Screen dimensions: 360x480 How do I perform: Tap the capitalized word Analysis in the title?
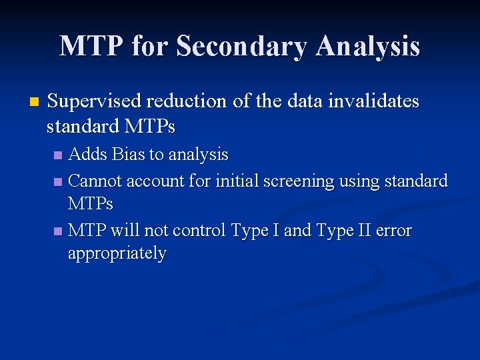tap(368, 46)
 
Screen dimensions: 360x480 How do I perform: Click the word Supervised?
tap(95, 101)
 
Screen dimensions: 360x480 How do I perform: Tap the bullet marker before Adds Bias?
tap(58, 155)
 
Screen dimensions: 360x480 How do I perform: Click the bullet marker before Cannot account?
tap(58, 181)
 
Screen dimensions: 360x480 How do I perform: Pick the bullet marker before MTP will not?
tap(58, 231)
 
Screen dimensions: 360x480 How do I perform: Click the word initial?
tap(244, 181)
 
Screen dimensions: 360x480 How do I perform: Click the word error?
tap(393, 231)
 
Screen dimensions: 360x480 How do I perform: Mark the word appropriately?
tap(117, 254)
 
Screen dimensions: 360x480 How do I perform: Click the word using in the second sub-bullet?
tap(361, 181)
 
